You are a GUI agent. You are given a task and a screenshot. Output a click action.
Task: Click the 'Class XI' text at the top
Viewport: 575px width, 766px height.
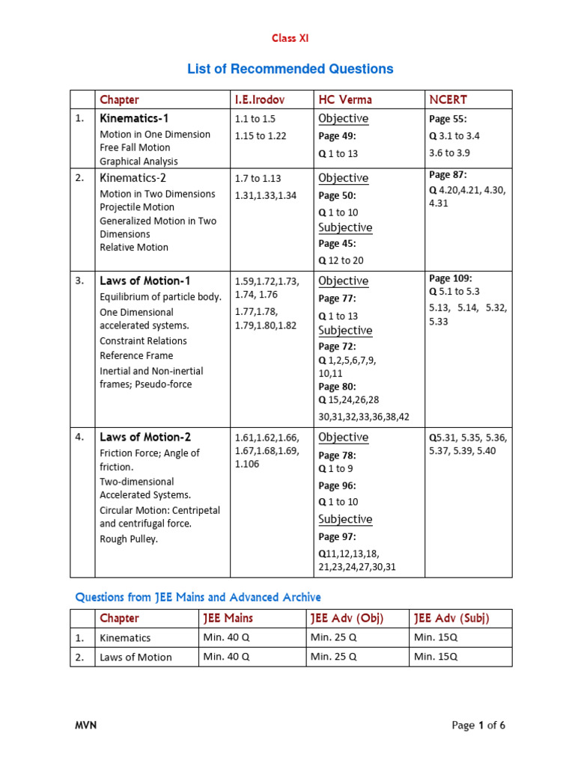[289, 38]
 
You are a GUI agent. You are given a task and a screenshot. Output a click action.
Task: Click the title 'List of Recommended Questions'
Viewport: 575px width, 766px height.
[290, 70]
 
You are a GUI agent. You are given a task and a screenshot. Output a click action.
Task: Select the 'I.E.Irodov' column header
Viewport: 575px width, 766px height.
[259, 99]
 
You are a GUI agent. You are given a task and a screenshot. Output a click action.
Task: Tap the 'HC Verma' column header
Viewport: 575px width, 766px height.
[344, 99]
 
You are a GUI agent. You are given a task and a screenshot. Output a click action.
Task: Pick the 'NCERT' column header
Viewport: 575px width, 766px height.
[448, 99]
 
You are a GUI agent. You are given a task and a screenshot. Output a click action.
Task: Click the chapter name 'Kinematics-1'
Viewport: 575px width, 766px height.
[134, 118]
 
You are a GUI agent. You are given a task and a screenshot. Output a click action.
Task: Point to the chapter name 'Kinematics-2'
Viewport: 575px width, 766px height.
[134, 177]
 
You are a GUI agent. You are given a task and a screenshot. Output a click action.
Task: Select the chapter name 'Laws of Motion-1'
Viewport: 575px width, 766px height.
[144, 281]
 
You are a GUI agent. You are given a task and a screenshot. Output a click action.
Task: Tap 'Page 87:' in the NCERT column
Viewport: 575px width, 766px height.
[448, 175]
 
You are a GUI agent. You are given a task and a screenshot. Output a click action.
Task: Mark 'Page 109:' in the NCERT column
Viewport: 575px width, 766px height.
[451, 278]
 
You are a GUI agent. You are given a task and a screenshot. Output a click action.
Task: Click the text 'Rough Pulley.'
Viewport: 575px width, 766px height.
[129, 539]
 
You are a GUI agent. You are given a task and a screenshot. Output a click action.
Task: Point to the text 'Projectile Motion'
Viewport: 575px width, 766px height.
[137, 207]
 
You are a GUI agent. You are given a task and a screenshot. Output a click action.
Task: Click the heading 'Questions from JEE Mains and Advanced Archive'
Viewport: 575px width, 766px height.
[198, 597]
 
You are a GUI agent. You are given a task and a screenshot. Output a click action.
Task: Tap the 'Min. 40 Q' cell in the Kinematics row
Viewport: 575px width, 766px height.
[226, 637]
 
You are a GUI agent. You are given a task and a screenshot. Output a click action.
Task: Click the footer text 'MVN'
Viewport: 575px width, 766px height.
[85, 726]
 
